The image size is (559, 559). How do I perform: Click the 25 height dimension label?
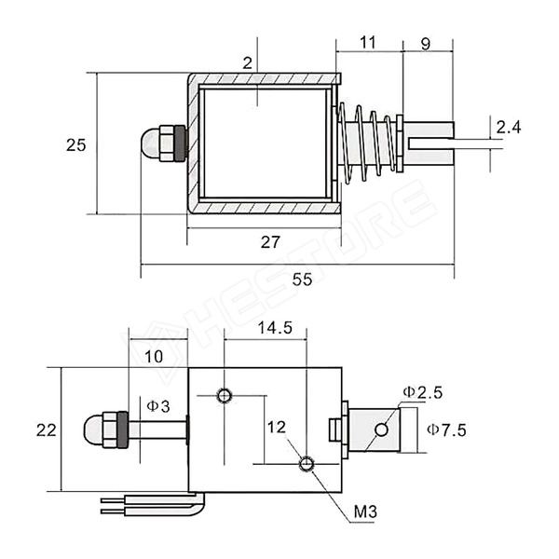coord(75,144)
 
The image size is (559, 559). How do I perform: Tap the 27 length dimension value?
coord(270,242)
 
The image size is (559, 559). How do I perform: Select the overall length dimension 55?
coord(302,279)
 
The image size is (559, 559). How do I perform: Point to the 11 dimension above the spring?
coord(368,41)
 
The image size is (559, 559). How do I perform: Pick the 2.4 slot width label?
coord(509,127)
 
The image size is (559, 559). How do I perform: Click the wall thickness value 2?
coord(248,63)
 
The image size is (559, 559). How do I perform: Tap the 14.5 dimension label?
coord(275,328)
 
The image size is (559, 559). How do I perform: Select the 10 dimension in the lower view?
coord(155,356)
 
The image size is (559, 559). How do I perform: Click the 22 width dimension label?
coord(46,429)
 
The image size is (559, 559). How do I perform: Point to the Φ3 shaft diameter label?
coord(157,406)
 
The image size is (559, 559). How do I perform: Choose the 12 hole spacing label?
coord(277,427)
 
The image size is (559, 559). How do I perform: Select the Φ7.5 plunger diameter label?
coord(446,429)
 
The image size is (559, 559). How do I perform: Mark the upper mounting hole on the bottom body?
coord(224,395)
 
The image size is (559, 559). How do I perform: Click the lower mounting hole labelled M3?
coord(307,464)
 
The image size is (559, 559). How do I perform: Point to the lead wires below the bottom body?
coord(149,506)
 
